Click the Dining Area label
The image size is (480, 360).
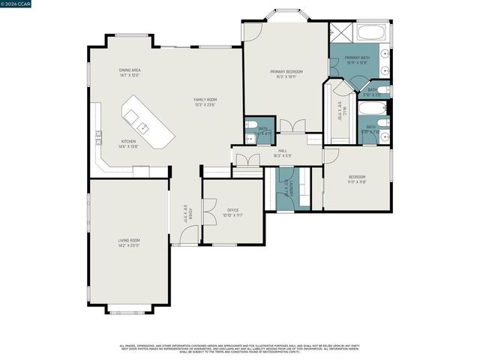point(130,73)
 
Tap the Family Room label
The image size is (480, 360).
point(205,102)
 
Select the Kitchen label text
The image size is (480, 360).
point(129,143)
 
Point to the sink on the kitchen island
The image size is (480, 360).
point(133,116)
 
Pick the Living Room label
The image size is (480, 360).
point(129,242)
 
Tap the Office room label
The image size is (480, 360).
point(232,212)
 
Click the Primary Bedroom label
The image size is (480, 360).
point(286,73)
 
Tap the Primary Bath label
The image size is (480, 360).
point(356,59)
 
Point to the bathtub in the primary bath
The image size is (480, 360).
point(371,33)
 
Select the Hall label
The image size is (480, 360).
point(283,152)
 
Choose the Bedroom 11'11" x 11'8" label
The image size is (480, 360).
point(356,181)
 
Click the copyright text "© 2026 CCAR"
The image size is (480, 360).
point(18,4)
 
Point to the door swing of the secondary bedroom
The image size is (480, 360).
point(331,155)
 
